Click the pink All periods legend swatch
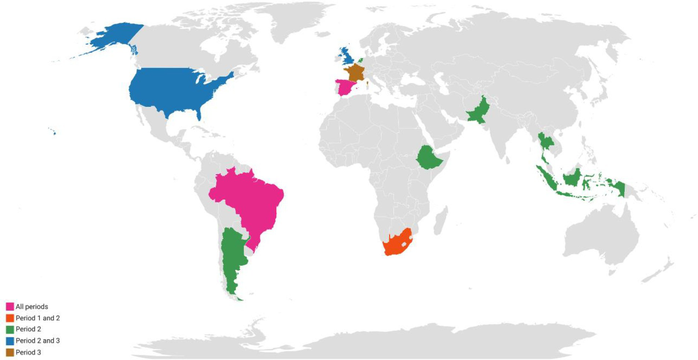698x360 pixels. pyautogui.click(x=10, y=307)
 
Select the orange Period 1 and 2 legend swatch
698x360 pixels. pyautogui.click(x=10, y=318)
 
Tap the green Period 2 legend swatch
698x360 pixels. pyautogui.click(x=10, y=329)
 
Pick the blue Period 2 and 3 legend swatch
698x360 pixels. pyautogui.click(x=10, y=340)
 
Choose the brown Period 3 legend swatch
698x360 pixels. pyautogui.click(x=10, y=352)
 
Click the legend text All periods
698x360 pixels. pyautogui.click(x=32, y=307)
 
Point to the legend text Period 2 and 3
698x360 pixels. pyautogui.click(x=38, y=340)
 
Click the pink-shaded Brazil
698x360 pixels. pyautogui.click(x=248, y=200)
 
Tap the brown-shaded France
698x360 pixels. pyautogui.click(x=354, y=73)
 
